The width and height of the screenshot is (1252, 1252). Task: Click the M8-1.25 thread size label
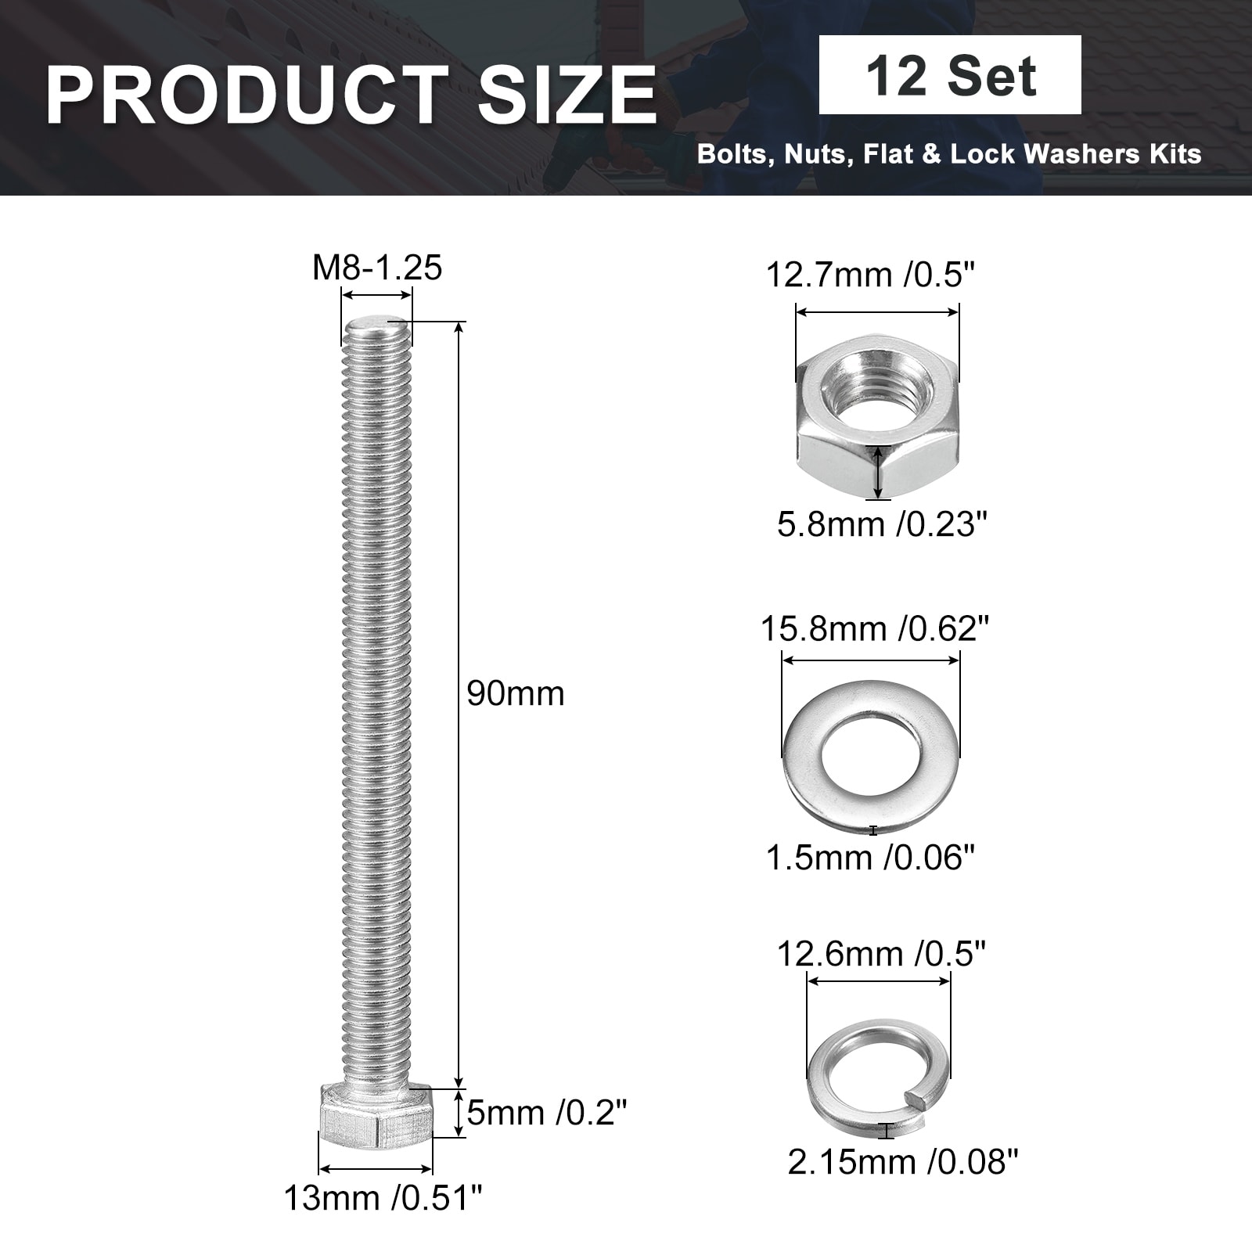pyautogui.click(x=377, y=268)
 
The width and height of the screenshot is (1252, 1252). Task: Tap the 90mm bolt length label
pyautogui.click(x=516, y=694)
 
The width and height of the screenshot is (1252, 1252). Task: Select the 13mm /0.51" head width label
pyautogui.click(x=383, y=1198)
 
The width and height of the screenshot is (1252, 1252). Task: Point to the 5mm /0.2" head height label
pyautogui.click(x=548, y=1113)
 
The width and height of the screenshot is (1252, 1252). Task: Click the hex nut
pyautogui.click(x=878, y=415)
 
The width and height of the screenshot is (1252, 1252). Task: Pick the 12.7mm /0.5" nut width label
pyautogui.click(x=871, y=275)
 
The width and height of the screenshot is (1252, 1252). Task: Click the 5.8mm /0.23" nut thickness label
pyautogui.click(x=883, y=524)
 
